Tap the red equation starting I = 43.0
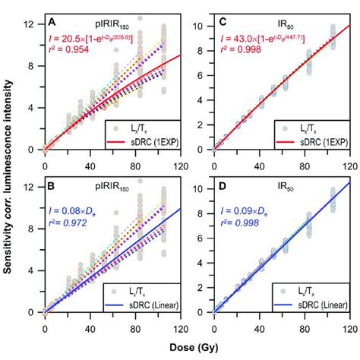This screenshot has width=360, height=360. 261,46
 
